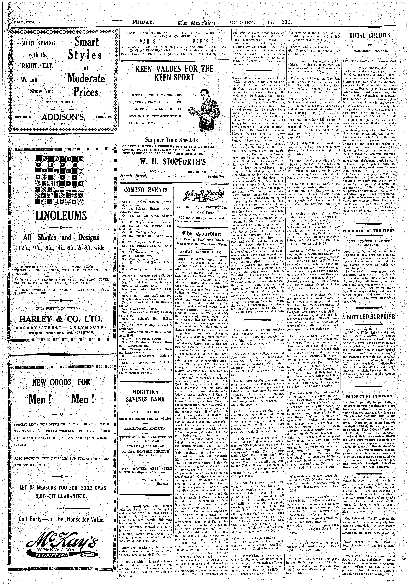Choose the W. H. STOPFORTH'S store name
(x=173, y=162)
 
